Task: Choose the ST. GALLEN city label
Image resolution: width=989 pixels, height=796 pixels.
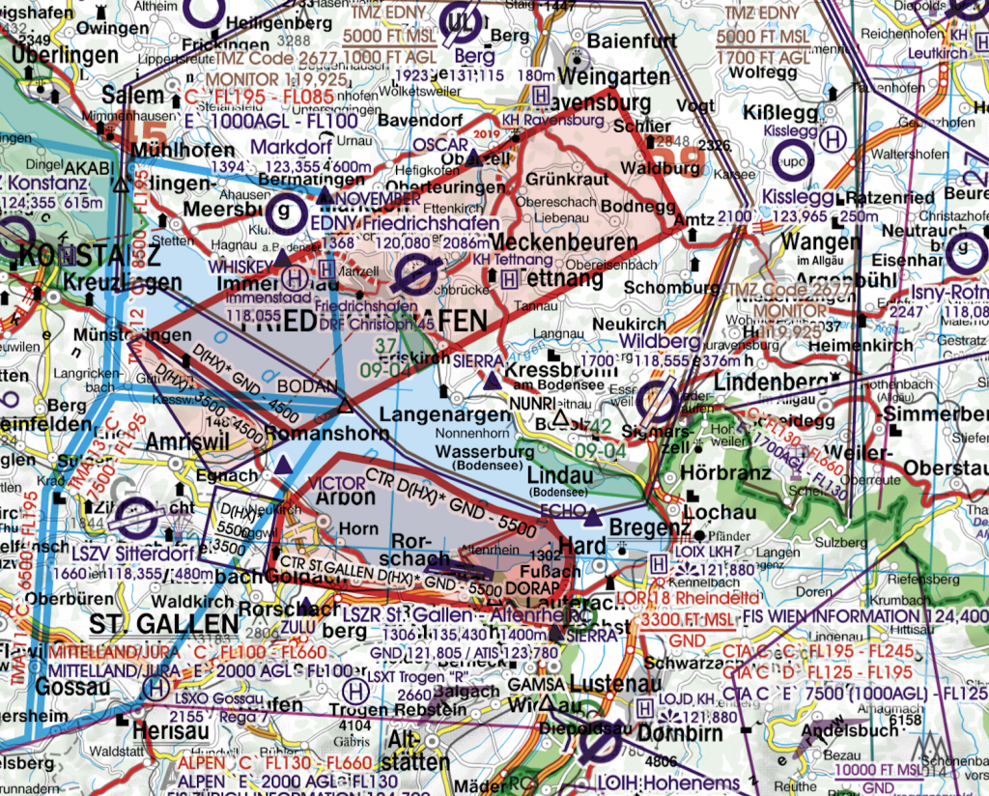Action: pos(163,623)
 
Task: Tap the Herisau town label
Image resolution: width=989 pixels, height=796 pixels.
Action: pos(173,730)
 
